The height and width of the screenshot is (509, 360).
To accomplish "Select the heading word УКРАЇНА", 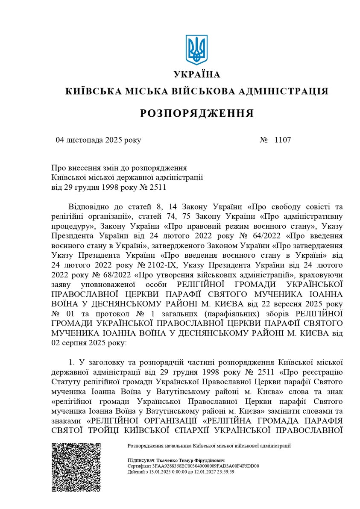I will [197, 75].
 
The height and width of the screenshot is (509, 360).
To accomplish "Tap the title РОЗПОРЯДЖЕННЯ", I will [197, 113].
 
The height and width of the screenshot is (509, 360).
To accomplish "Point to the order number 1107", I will [282, 140].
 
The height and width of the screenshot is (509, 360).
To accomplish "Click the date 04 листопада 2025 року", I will [98, 140].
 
